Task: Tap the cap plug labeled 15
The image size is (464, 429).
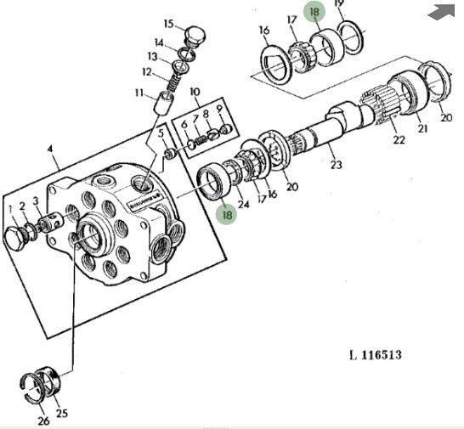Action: (x=195, y=36)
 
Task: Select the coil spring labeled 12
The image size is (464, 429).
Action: (x=174, y=82)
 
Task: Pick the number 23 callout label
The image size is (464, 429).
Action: (x=336, y=165)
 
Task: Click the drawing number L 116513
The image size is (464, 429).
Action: (x=376, y=355)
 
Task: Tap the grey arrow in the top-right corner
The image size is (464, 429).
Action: (x=441, y=13)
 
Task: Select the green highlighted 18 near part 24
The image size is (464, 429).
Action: (x=227, y=214)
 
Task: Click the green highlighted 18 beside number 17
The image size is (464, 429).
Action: (x=314, y=12)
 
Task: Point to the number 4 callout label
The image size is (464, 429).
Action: (x=50, y=149)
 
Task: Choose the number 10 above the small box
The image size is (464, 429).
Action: (x=195, y=92)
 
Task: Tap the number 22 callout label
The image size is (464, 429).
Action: (x=399, y=139)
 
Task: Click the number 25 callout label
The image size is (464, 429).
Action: (x=61, y=413)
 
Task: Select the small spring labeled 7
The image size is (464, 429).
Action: (x=201, y=139)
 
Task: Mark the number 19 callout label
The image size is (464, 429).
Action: (x=339, y=3)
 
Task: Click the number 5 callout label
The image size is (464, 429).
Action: (x=161, y=133)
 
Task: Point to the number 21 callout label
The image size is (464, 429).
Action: (x=422, y=128)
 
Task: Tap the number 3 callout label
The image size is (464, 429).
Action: (x=36, y=201)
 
